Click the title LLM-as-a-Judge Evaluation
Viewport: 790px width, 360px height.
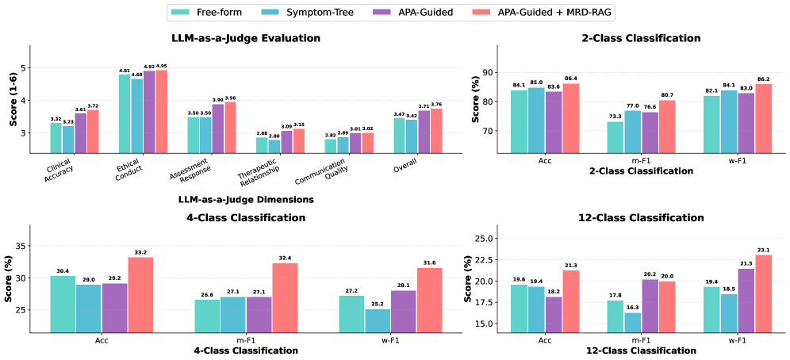coord(246,37)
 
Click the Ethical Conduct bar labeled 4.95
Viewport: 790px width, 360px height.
coord(162,111)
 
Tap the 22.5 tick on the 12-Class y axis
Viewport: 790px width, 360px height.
coord(490,259)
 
